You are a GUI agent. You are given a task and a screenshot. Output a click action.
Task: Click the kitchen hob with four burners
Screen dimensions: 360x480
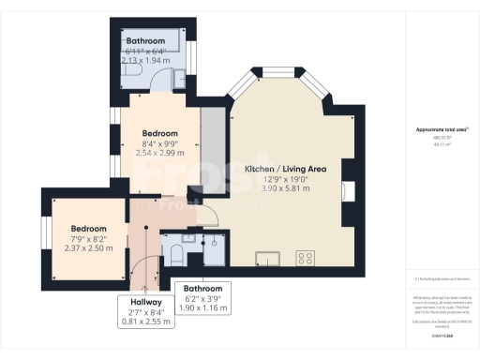click(305, 255)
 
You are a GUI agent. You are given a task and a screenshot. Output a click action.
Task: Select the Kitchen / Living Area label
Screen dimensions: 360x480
click(285, 169)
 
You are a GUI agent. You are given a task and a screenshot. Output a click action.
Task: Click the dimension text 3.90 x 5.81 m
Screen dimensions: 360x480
click(285, 189)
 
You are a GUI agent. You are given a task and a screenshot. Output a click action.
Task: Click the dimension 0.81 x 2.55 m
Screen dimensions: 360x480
click(146, 322)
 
